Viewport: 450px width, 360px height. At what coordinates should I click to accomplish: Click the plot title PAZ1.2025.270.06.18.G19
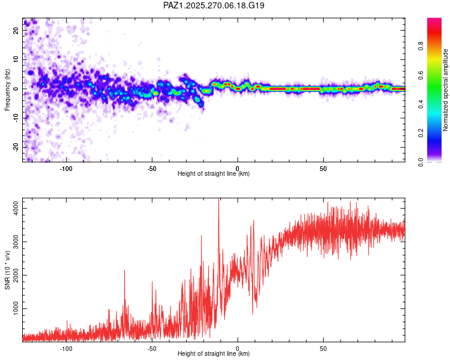coord(214,5)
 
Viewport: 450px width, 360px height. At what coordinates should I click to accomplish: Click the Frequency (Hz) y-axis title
coord(7,90)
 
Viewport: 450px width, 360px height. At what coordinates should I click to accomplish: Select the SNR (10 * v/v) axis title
coord(7,270)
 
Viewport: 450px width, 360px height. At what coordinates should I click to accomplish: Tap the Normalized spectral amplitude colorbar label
coord(445,90)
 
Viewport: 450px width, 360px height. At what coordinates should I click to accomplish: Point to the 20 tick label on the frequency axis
coord(16,30)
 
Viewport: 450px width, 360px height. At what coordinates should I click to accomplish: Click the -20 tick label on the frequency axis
coord(16,148)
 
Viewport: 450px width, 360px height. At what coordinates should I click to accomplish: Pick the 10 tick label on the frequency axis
coord(16,59)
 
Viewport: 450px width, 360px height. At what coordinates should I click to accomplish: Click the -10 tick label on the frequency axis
coord(16,118)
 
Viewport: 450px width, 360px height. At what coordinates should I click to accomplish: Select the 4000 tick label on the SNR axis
coord(16,208)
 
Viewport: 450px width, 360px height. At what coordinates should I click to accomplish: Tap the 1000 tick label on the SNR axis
coord(16,308)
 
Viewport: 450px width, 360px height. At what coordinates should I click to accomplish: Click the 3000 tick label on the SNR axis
coord(16,241)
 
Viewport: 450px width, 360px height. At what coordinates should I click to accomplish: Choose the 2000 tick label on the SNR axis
coord(16,275)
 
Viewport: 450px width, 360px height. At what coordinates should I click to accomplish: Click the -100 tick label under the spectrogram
coord(66,169)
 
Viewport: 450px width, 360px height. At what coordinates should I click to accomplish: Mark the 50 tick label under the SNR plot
coord(323,349)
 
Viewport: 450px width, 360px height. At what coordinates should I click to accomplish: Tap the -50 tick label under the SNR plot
coord(152,349)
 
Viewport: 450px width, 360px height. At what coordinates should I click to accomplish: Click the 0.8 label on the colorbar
coord(421,46)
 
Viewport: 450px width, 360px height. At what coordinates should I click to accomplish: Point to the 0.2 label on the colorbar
coord(421,133)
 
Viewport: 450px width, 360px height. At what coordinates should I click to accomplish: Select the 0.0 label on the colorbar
coord(421,162)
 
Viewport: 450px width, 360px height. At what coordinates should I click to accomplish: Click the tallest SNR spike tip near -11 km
coord(218,199)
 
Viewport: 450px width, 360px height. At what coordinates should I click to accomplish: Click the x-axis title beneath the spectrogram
coord(214,173)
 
